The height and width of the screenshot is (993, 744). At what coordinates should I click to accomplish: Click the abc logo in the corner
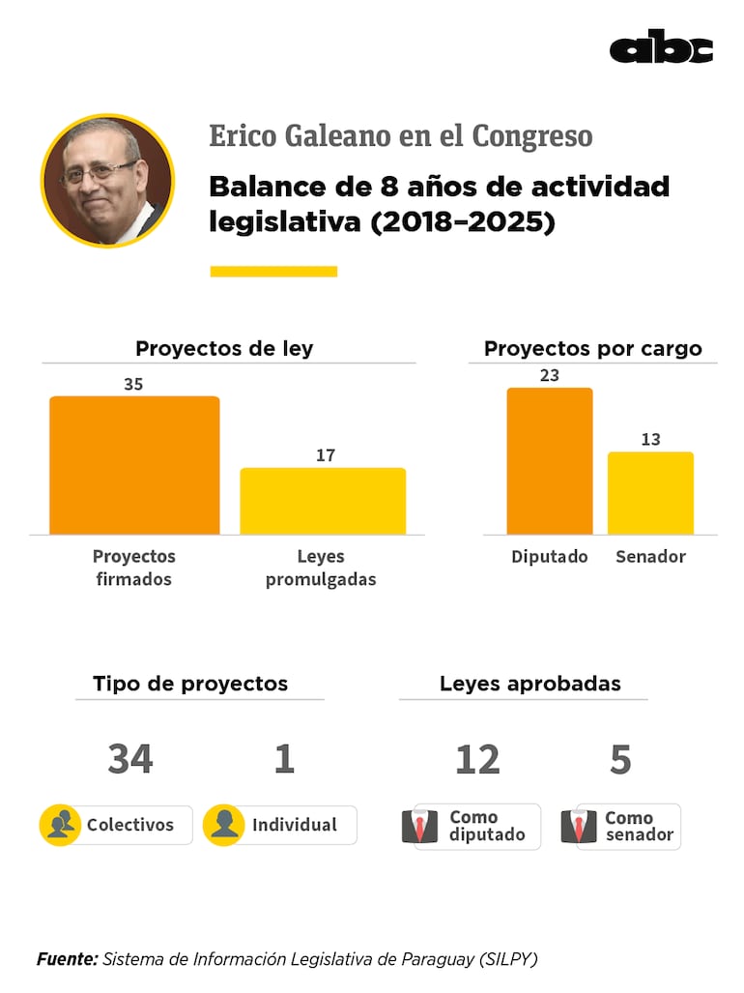[x=661, y=47]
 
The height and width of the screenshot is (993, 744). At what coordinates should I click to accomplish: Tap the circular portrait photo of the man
[x=107, y=181]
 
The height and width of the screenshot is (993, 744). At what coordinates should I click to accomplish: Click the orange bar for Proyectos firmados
[x=134, y=465]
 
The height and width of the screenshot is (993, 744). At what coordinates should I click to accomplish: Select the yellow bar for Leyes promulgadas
[x=323, y=501]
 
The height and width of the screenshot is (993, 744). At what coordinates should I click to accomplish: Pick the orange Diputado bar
[x=549, y=461]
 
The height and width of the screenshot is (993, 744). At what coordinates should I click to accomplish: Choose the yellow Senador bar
[x=650, y=493]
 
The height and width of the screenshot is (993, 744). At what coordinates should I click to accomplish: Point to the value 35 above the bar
[x=133, y=384]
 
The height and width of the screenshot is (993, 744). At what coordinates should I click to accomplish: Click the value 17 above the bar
[x=326, y=455]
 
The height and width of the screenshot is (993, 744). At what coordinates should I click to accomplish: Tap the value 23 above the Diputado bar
[x=549, y=375]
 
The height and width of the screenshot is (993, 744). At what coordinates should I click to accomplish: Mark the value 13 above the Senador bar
[x=650, y=439]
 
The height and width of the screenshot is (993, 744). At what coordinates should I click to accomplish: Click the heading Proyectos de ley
[x=224, y=349]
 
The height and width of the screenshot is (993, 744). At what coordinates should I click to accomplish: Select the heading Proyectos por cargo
[x=592, y=349]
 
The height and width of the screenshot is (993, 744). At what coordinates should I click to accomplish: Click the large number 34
[x=130, y=760]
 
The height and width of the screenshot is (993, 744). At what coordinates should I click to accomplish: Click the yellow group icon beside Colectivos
[x=60, y=825]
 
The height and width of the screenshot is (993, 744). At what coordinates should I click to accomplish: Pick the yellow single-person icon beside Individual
[x=223, y=825]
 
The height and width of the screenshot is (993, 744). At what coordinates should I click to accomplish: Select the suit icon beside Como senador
[x=579, y=827]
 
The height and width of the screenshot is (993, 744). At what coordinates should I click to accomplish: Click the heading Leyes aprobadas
[x=529, y=684]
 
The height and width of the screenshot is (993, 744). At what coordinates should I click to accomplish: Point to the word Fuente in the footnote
[x=67, y=959]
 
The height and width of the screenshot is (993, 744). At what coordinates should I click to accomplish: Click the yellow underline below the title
[x=273, y=272]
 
